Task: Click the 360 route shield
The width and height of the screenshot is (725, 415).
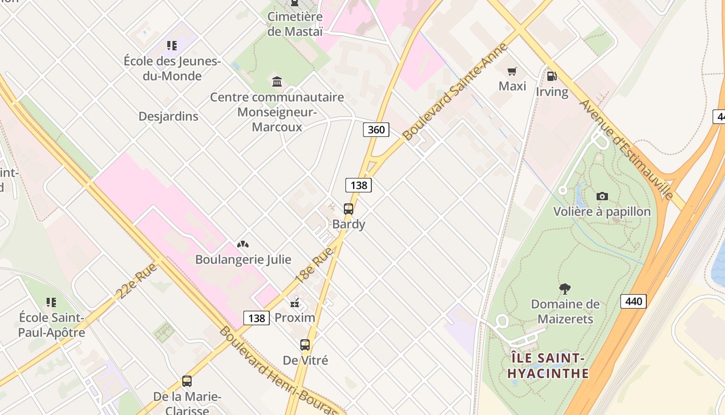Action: coord(376,129)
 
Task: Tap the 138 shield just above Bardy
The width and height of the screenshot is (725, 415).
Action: coord(358,185)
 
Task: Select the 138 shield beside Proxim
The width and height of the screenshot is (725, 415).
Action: coord(257,318)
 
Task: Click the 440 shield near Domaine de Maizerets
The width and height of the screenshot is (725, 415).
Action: coord(633,301)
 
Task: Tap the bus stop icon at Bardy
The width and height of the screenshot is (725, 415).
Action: coord(349,209)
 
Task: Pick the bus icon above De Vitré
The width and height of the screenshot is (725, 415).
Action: coord(305,345)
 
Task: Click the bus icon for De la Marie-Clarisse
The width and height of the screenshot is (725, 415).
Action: coord(187,381)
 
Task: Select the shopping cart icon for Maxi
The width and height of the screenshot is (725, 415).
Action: coord(512,71)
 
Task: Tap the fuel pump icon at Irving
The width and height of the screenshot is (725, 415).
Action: coord(552,76)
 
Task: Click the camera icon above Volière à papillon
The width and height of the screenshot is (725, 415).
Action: coord(602,196)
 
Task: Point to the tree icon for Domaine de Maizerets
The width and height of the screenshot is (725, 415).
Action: coord(565,288)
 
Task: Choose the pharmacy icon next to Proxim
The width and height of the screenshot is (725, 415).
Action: coord(295,302)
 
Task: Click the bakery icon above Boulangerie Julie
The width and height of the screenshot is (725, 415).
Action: coord(243,244)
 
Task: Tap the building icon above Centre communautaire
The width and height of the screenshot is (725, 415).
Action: coord(277,82)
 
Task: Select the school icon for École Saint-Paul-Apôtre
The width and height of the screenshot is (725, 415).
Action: coord(51,302)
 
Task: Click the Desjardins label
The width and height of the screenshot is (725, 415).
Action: coord(168,116)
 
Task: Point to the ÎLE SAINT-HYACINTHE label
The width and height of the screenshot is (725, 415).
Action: coord(548,366)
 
